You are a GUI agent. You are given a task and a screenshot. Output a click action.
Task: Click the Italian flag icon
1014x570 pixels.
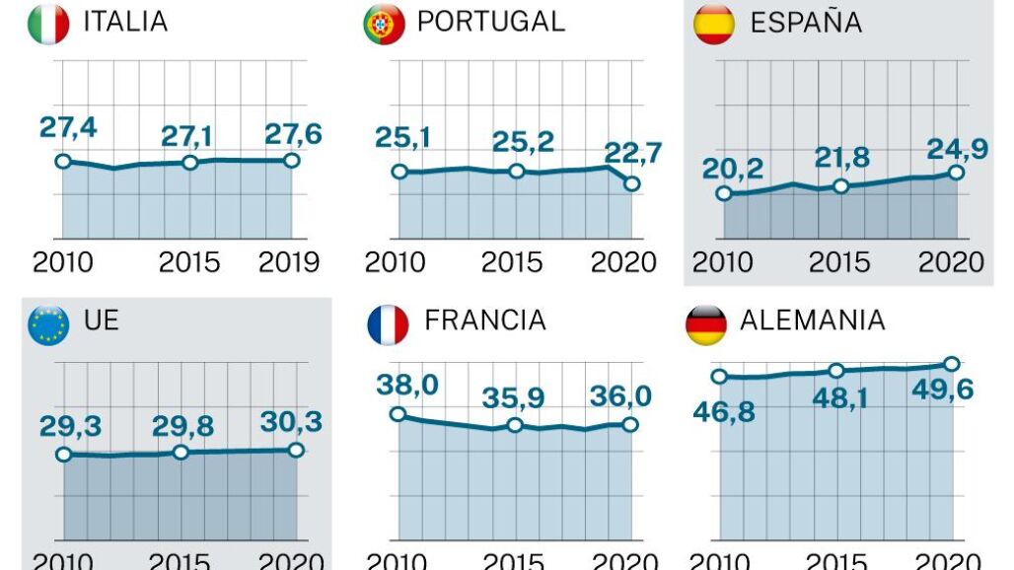click(x=48, y=25)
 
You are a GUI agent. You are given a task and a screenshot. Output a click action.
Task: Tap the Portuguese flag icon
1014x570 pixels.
click(x=384, y=25)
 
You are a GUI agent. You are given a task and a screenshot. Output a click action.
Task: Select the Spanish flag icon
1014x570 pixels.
click(x=714, y=25)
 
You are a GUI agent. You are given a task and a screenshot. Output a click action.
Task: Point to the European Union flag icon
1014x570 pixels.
click(x=48, y=324)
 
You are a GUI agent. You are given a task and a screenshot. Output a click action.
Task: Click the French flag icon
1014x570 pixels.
click(x=388, y=324)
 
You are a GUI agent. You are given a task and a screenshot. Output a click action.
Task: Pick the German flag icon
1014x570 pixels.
click(x=705, y=324)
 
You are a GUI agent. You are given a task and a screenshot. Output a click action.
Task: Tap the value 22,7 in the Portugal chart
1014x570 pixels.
click(x=632, y=155)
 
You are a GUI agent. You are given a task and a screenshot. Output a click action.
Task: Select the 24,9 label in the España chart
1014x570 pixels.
click(x=956, y=149)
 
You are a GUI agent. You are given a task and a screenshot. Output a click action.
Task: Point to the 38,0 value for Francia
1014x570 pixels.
click(x=407, y=386)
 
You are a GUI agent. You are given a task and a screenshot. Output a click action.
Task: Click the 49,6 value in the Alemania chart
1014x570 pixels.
click(x=944, y=390)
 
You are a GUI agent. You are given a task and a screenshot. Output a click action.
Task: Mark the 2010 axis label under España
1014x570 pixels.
click(x=723, y=262)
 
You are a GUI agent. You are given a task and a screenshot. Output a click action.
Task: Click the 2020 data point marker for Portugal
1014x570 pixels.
click(x=632, y=183)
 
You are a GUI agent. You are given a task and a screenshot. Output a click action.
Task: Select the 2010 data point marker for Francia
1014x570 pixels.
click(x=398, y=414)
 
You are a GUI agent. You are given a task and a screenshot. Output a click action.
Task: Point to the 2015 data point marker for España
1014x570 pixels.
click(x=840, y=185)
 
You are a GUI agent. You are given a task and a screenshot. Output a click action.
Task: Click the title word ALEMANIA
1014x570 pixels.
click(x=812, y=321)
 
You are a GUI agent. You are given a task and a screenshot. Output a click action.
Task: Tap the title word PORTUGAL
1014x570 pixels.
click(x=490, y=22)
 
